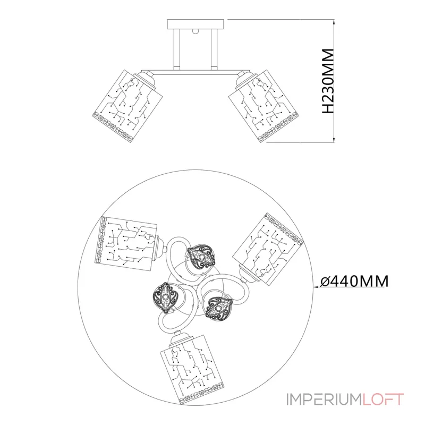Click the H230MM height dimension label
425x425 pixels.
327,81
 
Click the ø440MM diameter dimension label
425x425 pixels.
354,281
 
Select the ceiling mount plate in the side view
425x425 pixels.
195,24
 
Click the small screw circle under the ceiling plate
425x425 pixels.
195,31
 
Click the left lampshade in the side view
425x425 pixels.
127,106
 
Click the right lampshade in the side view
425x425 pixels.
264,106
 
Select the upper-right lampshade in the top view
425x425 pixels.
267,248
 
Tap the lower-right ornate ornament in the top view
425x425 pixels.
219,309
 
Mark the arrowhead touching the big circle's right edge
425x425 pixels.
316,286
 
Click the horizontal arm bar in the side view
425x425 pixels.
195,73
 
